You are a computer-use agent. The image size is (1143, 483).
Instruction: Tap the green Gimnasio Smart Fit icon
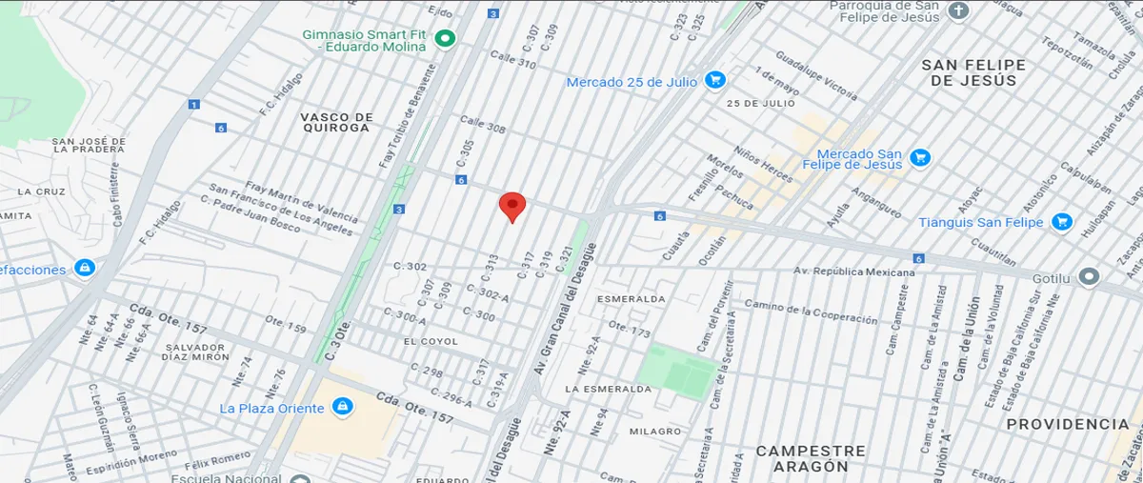tap(445, 39)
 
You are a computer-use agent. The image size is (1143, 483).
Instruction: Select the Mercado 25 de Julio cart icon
tap(714, 81)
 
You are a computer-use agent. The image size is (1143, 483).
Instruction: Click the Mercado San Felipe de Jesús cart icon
tap(919, 157)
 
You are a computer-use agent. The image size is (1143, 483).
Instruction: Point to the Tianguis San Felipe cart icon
tap(1062, 223)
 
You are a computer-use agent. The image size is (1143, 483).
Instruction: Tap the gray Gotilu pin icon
tap(1091, 277)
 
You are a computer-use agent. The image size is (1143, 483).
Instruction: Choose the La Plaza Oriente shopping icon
tap(342, 408)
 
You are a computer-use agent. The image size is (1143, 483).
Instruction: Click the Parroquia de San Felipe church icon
tap(958, 11)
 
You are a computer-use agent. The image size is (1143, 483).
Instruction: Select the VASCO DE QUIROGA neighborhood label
tap(335, 122)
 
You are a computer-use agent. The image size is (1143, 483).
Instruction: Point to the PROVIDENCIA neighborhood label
tap(1067, 424)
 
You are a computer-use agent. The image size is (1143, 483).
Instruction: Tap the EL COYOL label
tap(431, 341)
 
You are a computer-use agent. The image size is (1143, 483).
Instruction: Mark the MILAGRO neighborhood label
tap(655, 432)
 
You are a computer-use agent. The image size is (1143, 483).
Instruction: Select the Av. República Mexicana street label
tap(854, 272)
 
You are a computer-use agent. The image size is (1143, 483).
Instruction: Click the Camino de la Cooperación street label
tap(811, 312)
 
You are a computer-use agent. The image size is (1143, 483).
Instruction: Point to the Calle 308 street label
tap(483, 125)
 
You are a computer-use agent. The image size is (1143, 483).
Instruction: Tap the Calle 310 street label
tap(511, 61)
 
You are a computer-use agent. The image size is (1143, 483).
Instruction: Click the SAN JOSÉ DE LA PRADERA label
tap(89, 145)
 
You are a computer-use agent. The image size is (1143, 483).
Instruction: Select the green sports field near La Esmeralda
tap(678, 372)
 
